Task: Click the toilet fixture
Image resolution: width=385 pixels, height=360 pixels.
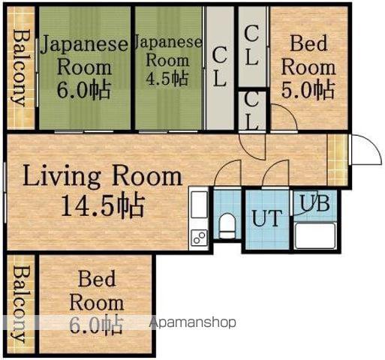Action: click(227, 226)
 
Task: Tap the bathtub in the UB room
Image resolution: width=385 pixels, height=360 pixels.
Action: click(315, 235)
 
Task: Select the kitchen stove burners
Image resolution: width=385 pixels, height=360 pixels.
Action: click(200, 237)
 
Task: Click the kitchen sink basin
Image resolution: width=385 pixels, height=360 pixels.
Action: click(199, 205)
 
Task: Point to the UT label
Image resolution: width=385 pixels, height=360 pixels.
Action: click(267, 218)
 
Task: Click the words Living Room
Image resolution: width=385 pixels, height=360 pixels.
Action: click(103, 176)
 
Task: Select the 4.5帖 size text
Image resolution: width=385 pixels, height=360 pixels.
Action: click(167, 79)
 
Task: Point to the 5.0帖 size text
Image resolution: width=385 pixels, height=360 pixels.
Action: click(308, 90)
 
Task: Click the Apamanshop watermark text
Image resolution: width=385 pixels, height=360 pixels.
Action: click(193, 322)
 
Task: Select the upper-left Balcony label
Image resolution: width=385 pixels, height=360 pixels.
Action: click(19, 68)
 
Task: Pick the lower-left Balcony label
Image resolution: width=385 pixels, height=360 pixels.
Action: click(19, 304)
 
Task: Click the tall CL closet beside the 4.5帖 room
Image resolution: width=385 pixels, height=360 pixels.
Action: click(219, 67)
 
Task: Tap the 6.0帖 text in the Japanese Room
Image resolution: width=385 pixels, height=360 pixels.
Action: click(83, 90)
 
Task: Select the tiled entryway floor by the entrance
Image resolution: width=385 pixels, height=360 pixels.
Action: click(338, 160)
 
